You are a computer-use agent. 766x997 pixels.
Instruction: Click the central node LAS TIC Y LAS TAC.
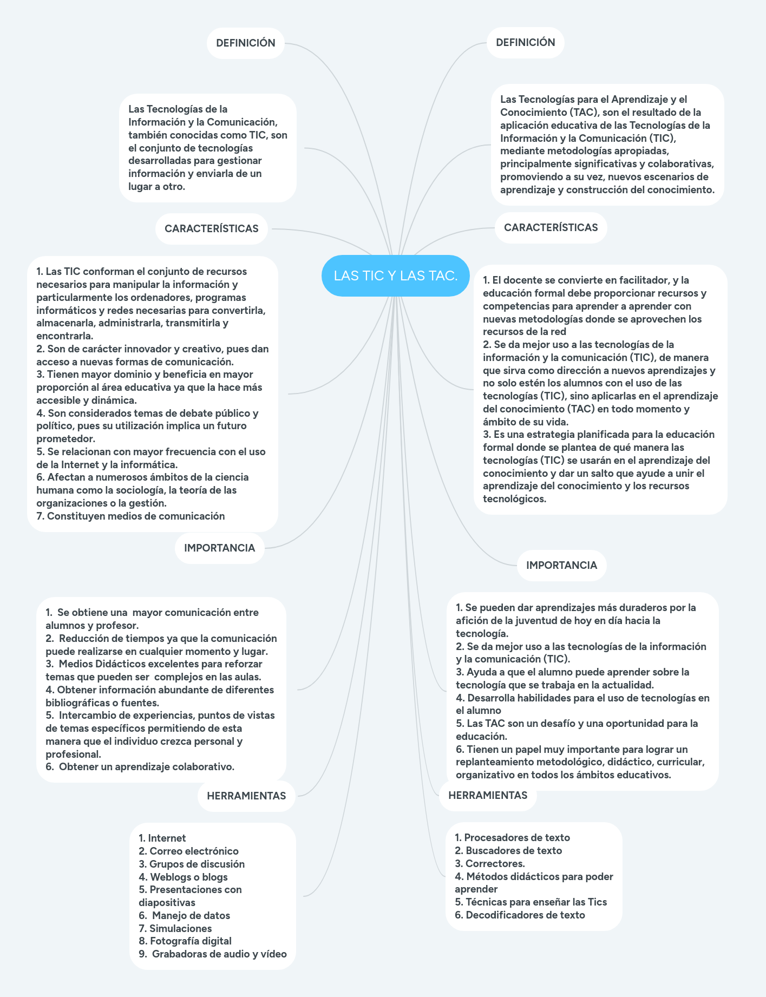(x=395, y=276)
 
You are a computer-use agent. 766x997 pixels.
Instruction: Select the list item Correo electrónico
(x=194, y=851)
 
